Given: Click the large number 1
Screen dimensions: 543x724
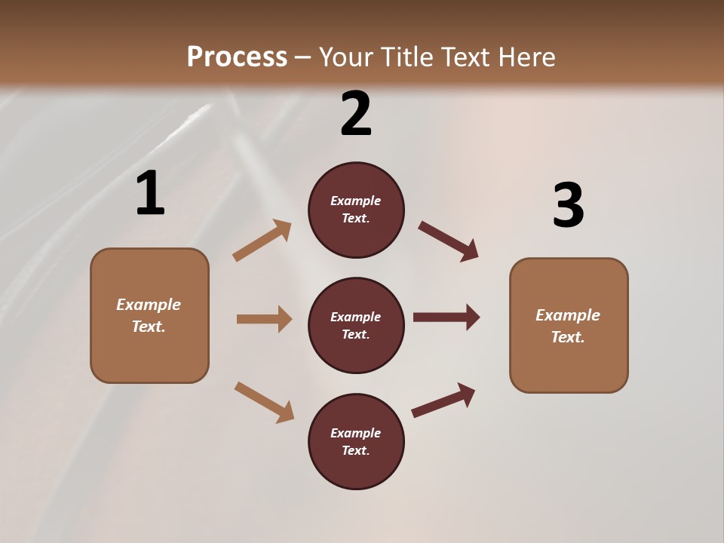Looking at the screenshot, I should click(x=150, y=193).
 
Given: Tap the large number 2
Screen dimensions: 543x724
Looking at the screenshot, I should click(x=356, y=113).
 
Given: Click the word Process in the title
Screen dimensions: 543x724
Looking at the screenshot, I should click(x=237, y=57).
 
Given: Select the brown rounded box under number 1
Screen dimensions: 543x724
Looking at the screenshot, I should click(x=149, y=315).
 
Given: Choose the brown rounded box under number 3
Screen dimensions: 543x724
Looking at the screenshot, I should click(x=569, y=325).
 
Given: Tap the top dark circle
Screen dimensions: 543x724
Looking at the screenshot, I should click(x=356, y=210).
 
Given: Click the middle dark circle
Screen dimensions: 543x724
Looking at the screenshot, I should click(x=356, y=325).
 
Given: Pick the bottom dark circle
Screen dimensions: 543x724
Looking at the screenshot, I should click(x=356, y=441).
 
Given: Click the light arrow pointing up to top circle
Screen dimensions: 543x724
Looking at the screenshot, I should click(x=262, y=241).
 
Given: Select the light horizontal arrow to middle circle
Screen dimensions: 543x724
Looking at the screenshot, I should click(x=264, y=319).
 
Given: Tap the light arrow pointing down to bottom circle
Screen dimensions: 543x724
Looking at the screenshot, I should click(x=264, y=401).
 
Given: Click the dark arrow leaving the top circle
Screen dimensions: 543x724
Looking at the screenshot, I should click(x=448, y=241).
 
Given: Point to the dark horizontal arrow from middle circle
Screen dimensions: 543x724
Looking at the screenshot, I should click(x=446, y=318).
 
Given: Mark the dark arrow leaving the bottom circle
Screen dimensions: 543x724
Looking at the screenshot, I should click(x=443, y=400).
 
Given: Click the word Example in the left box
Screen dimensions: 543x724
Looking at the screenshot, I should click(x=149, y=305).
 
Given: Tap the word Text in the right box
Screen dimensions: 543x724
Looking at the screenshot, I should click(x=567, y=337).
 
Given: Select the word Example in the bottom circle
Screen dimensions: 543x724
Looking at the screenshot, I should click(x=355, y=433).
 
